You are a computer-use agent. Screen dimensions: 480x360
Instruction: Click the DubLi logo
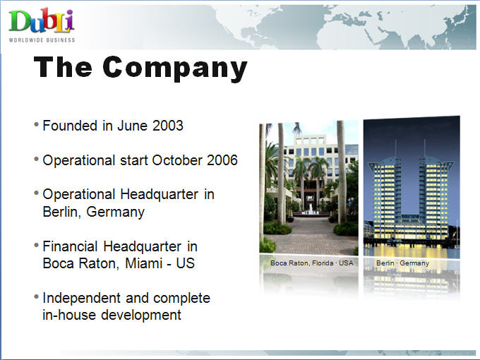(x=42, y=20)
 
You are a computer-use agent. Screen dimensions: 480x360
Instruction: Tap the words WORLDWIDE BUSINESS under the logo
(x=42, y=40)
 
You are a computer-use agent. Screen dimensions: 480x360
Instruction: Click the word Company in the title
(x=175, y=68)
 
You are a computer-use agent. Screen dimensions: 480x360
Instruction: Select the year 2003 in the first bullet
(x=168, y=126)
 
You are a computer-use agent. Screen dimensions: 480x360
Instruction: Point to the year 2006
(x=222, y=160)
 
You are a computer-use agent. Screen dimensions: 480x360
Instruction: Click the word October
(x=177, y=160)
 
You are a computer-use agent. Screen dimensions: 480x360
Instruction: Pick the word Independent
(x=82, y=298)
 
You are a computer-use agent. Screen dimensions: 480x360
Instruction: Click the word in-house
(x=69, y=315)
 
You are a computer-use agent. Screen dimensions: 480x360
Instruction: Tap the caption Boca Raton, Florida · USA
(x=311, y=263)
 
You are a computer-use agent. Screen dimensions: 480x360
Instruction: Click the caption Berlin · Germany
(x=402, y=263)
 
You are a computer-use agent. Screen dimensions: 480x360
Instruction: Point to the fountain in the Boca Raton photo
(x=311, y=209)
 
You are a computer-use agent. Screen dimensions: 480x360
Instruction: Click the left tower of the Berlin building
(x=386, y=196)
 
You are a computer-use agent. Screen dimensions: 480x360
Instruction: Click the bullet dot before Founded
(x=37, y=125)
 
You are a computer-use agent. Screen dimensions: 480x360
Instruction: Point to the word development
(x=141, y=315)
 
